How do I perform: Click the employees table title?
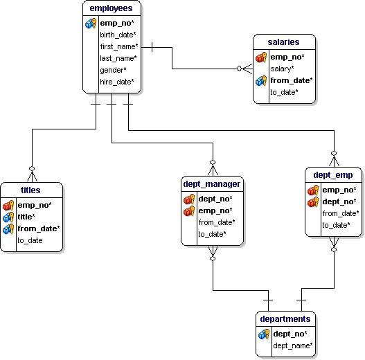[112, 8]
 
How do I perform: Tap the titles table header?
[31, 190]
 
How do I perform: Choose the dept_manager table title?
[212, 183]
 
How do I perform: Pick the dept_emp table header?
[333, 175]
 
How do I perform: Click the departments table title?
[285, 319]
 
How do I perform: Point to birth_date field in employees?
[117, 35]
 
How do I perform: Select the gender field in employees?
[113, 70]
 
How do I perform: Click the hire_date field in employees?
[116, 82]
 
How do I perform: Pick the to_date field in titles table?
[30, 240]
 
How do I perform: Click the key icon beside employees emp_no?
[91, 24]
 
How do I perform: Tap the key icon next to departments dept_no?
[263, 334]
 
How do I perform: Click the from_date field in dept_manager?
[216, 222]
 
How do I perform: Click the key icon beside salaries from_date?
[260, 80]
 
